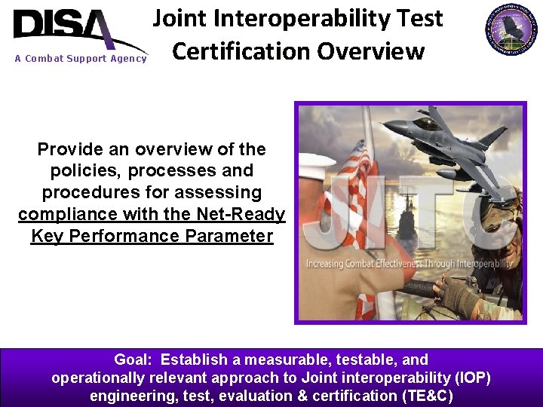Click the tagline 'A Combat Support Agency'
click(80, 59)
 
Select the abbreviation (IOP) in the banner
click(468, 378)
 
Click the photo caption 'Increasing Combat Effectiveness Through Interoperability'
click(410, 264)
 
